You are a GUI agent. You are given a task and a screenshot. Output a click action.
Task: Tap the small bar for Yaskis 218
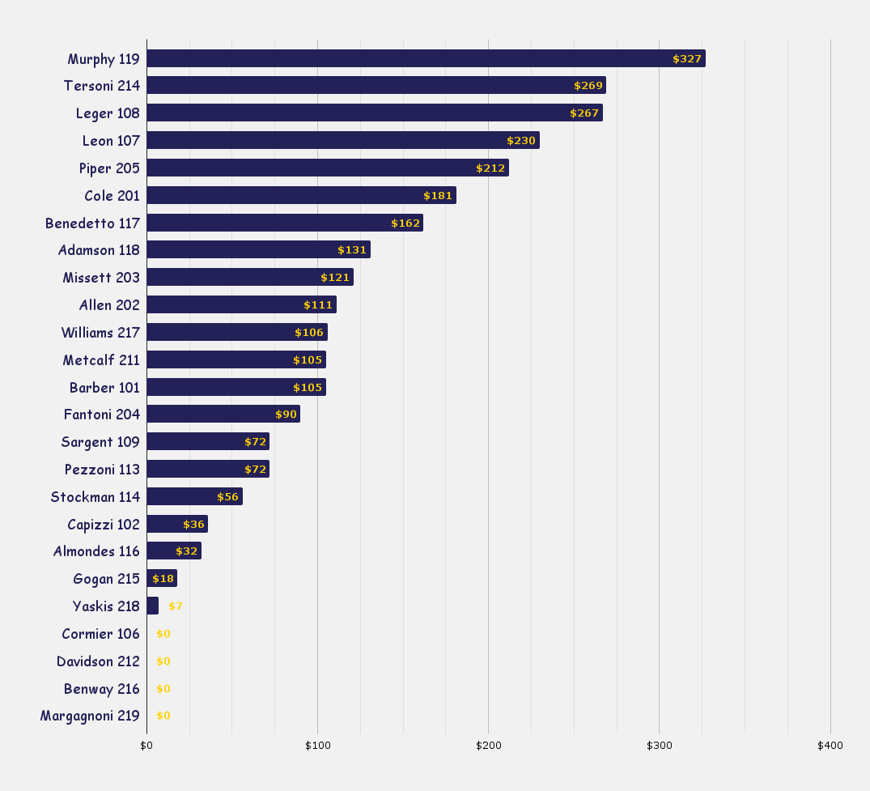pyautogui.click(x=152, y=606)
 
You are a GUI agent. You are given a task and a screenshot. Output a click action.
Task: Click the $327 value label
pyautogui.click(x=687, y=59)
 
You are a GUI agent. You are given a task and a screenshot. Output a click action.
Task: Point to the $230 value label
pyautogui.click(x=521, y=141)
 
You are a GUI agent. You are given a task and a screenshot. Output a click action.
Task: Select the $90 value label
pyautogui.click(x=286, y=415)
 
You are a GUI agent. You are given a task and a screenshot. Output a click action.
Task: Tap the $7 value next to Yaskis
pyautogui.click(x=176, y=606)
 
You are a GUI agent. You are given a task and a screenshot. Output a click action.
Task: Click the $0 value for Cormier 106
pyautogui.click(x=163, y=634)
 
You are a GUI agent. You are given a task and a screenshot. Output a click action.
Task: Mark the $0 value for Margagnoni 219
pyautogui.click(x=163, y=716)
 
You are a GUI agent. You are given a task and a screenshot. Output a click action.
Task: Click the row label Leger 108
pyautogui.click(x=108, y=113)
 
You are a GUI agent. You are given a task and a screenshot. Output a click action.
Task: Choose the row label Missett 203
pyautogui.click(x=101, y=278)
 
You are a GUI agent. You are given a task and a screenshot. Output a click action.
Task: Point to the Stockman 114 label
pyautogui.click(x=95, y=497)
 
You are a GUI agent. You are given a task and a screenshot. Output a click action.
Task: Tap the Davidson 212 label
pyautogui.click(x=98, y=661)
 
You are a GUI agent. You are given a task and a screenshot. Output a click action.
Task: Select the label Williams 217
pyautogui.click(x=100, y=332)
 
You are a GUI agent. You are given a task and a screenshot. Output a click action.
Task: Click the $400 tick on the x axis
pyautogui.click(x=830, y=745)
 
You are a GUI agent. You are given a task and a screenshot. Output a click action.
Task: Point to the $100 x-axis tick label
pyautogui.click(x=317, y=745)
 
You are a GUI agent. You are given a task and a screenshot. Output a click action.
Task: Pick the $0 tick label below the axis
pyautogui.click(x=146, y=745)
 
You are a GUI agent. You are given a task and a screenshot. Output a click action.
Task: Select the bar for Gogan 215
pyautogui.click(x=161, y=579)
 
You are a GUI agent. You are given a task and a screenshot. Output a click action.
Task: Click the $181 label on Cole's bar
pyautogui.click(x=438, y=196)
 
